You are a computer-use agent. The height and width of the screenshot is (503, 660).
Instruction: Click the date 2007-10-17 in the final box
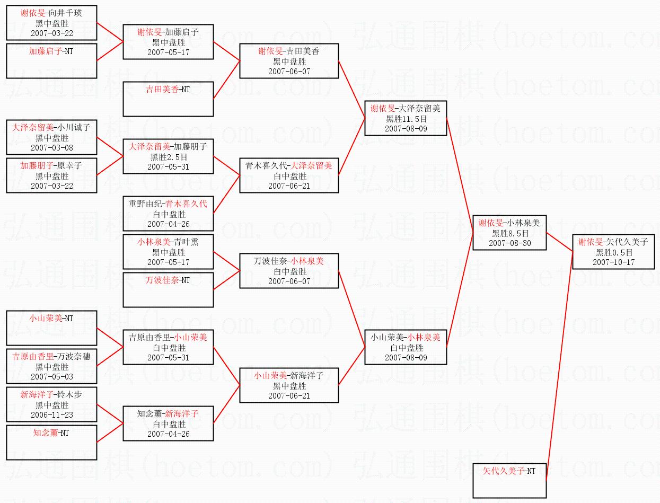613,262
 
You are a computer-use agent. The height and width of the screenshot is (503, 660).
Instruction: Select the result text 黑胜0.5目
613,253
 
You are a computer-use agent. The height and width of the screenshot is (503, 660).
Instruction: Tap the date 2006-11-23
52,414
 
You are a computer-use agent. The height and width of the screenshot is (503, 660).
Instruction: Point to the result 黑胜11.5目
406,119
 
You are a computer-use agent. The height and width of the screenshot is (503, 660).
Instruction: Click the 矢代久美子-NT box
509,480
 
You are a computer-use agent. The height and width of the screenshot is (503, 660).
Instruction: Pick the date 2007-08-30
509,243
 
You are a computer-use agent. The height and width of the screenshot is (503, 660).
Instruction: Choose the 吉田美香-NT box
168,99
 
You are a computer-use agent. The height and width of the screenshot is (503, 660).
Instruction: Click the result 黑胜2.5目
169,157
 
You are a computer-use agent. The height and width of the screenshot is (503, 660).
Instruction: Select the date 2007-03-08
52,147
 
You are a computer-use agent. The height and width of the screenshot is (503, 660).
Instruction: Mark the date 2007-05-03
52,376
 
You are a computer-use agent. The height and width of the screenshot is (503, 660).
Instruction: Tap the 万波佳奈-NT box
168,289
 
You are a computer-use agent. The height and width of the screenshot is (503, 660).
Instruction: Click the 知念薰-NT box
51,442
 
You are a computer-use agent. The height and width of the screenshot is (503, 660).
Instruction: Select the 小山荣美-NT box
51,328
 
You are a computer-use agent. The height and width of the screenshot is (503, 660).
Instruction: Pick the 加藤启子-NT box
51,60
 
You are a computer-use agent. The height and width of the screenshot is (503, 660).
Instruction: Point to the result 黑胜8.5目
510,233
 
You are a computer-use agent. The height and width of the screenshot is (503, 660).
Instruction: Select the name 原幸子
70,166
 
